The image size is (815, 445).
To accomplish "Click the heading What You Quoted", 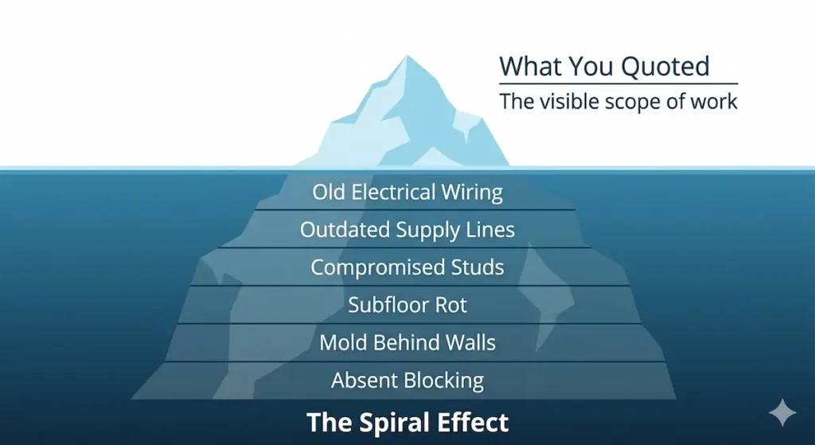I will (604, 66).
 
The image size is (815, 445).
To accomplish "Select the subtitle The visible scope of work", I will (618, 101).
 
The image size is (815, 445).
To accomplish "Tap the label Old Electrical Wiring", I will (407, 192).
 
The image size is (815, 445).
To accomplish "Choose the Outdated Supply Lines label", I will (407, 229).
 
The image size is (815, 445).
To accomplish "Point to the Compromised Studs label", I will (407, 267).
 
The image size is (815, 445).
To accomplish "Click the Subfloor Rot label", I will (407, 304).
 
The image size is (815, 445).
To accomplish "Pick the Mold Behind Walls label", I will (407, 342).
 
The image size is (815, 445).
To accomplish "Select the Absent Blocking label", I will (407, 380).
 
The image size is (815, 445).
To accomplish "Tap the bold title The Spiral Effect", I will (407, 421).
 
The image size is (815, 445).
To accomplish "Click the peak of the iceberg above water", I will (408, 61).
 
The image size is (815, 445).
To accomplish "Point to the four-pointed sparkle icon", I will (782, 412).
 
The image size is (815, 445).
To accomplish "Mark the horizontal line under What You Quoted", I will (618, 84).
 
